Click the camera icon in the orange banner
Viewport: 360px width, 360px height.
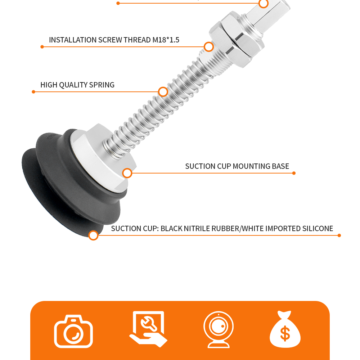[73, 331]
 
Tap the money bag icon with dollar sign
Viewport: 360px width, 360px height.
[285, 329]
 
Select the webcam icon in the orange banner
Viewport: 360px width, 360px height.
[219, 329]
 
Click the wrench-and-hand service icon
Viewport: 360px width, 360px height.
[148, 329]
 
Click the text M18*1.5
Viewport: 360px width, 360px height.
[166, 40]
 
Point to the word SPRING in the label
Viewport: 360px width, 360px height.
[102, 85]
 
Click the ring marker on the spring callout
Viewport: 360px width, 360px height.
[163, 92]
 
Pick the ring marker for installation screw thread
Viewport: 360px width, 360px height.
[209, 47]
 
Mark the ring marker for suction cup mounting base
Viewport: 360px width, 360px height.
[127, 173]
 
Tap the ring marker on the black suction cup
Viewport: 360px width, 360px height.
[94, 235]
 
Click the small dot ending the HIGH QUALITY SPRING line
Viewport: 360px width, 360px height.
[33, 92]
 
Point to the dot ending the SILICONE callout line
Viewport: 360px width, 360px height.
[339, 235]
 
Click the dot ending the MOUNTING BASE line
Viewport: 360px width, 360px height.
[294, 173]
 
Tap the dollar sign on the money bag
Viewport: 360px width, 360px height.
[285, 333]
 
